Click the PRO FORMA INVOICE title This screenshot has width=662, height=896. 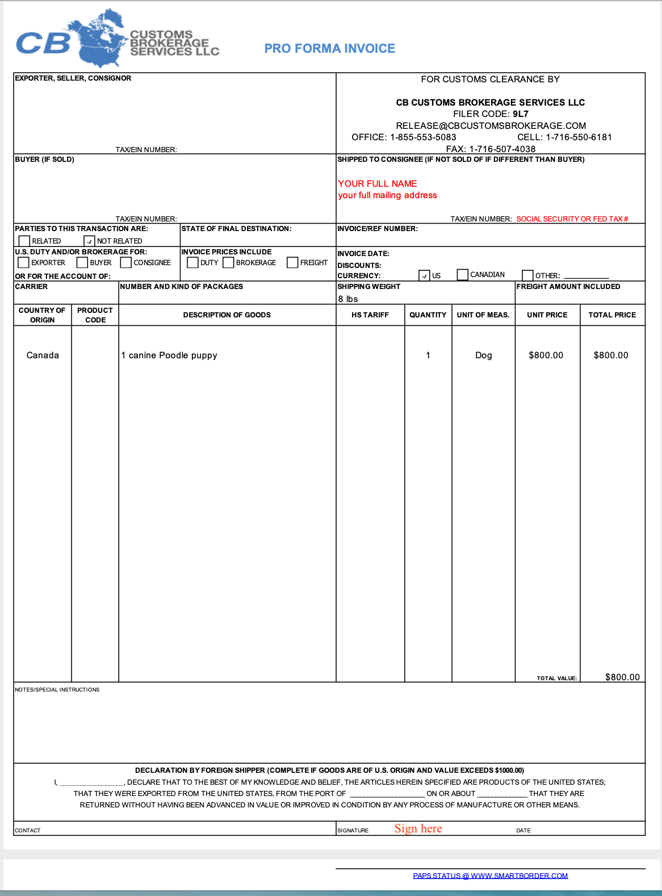(329, 49)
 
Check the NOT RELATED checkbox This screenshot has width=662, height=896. (89, 241)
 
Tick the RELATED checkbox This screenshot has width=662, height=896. (24, 241)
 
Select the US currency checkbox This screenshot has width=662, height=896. (424, 276)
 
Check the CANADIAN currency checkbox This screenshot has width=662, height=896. (463, 275)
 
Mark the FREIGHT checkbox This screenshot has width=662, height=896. (292, 262)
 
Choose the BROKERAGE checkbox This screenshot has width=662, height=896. (228, 262)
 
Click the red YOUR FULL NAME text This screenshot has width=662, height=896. (378, 184)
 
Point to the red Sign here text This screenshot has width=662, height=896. (418, 829)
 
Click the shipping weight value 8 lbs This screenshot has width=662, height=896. (348, 299)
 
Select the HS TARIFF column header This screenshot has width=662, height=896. (370, 315)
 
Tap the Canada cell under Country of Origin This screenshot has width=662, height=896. (43, 355)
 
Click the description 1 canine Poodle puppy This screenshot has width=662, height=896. (169, 355)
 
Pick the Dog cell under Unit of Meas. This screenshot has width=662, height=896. (484, 355)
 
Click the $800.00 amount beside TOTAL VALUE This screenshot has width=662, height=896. (622, 677)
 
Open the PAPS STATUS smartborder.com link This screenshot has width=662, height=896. (491, 876)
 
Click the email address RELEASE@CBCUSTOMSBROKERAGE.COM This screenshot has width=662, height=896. (491, 126)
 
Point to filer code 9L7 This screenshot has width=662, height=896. (521, 114)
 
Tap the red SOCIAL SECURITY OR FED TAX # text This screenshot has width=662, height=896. (572, 219)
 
